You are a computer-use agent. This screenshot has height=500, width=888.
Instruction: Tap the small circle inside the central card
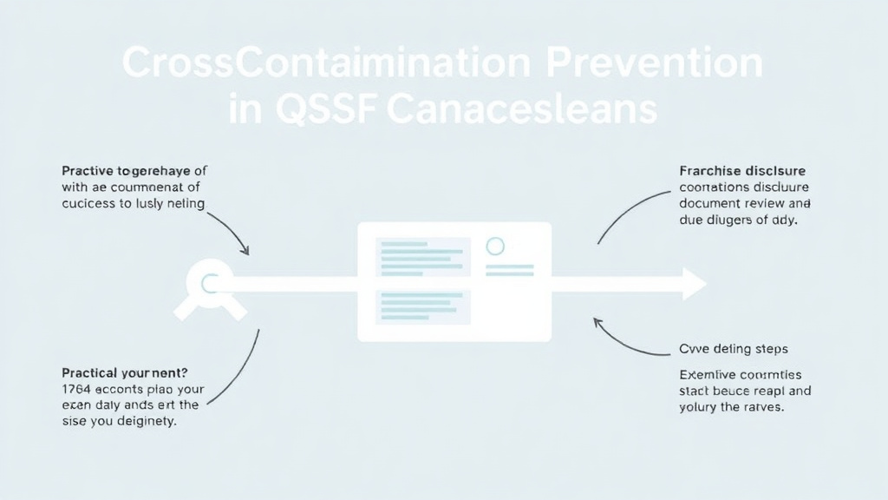[x=495, y=246]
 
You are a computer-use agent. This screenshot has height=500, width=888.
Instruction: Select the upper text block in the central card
[x=423, y=257]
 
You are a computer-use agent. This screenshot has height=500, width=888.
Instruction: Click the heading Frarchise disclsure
[x=742, y=170]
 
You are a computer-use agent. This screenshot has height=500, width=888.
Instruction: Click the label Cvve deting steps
[x=733, y=349]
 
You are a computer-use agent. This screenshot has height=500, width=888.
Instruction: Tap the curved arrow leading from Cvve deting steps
[x=629, y=343]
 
